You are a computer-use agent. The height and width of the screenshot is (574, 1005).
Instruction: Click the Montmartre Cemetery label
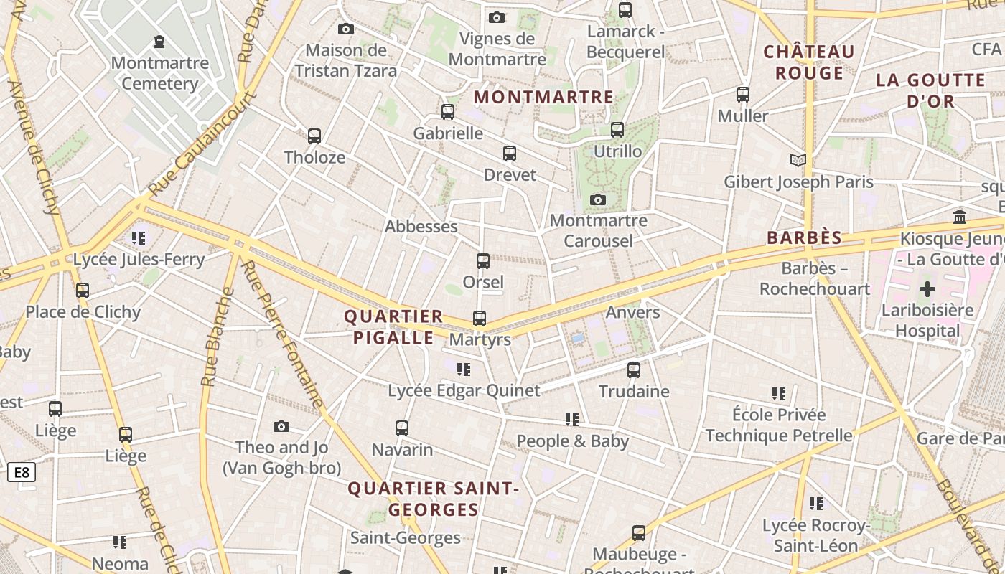point(160,73)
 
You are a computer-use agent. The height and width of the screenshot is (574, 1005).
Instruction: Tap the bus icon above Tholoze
point(314,136)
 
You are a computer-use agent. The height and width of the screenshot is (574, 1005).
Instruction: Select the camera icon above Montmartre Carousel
point(598,199)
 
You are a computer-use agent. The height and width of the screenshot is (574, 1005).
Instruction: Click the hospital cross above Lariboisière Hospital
point(927,289)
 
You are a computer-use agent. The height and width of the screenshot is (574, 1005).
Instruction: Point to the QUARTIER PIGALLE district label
point(393,327)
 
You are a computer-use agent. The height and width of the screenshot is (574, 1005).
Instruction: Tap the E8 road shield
point(22,472)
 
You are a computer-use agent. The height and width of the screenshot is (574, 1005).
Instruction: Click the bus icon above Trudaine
point(634,370)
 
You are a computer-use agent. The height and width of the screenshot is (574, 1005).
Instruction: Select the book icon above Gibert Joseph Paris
point(798,160)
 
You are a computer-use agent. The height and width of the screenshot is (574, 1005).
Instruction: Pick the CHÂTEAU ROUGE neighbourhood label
point(809,62)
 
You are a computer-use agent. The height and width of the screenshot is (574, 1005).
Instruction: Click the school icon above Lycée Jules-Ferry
point(139,237)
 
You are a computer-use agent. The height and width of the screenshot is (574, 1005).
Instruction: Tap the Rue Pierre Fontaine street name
point(282,335)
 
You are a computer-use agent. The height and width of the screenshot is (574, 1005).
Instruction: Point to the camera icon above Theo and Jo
point(281,427)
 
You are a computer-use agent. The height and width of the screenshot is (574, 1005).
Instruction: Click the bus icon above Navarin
point(402,428)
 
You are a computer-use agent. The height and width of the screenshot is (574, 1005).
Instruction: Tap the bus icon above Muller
point(743,94)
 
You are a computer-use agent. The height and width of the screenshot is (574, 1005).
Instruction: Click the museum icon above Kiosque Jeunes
point(960,217)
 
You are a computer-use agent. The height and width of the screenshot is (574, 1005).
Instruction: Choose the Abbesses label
point(421,227)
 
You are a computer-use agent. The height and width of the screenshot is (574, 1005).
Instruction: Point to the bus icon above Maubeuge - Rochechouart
point(639,533)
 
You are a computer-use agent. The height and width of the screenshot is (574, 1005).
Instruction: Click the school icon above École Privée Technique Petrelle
point(779,394)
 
